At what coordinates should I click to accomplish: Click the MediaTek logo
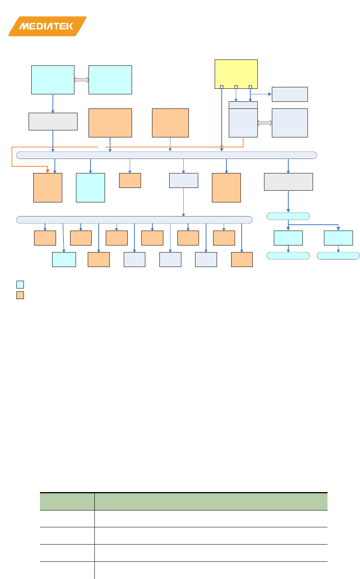[x=47, y=26]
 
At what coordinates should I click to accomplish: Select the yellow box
[x=236, y=74]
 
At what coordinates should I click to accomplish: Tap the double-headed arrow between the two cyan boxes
[x=81, y=80]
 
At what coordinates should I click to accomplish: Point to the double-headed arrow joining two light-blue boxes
[x=265, y=123]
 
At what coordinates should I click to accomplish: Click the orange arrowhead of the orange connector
[x=48, y=170]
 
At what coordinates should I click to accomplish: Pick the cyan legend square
[x=20, y=285]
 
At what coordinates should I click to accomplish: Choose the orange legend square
[x=20, y=295]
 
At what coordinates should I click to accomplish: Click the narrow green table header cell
[x=67, y=501]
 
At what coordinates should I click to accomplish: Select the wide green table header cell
[x=211, y=501]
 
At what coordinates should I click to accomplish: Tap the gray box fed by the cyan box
[x=53, y=121]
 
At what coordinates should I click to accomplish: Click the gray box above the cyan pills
[x=288, y=182]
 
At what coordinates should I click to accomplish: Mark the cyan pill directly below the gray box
[x=288, y=216]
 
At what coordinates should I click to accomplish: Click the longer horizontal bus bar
[x=166, y=155]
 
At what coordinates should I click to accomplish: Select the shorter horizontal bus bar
[x=134, y=220]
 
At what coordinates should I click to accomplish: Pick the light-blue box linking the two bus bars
[x=183, y=180]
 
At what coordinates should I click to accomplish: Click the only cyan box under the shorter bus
[x=64, y=260]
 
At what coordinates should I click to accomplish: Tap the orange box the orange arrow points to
[x=48, y=188]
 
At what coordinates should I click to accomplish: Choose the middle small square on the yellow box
[x=236, y=87]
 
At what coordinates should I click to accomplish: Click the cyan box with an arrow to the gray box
[x=53, y=80]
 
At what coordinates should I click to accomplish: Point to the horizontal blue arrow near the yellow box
[x=261, y=94]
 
